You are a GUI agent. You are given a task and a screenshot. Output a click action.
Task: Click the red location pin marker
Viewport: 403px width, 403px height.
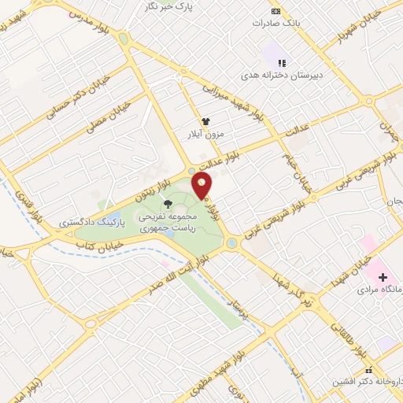[x=202, y=185]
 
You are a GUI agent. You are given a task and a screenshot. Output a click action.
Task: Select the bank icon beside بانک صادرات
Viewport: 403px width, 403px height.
[x=275, y=11]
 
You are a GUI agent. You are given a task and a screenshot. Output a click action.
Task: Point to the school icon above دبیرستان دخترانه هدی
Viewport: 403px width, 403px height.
[x=282, y=62]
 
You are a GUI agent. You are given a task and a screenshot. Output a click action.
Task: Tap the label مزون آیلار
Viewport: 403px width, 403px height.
[x=206, y=135]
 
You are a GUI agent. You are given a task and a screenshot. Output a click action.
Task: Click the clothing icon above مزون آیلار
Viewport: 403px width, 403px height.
[x=206, y=122]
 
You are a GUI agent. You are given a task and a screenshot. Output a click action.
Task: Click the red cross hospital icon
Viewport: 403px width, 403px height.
[x=383, y=277]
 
